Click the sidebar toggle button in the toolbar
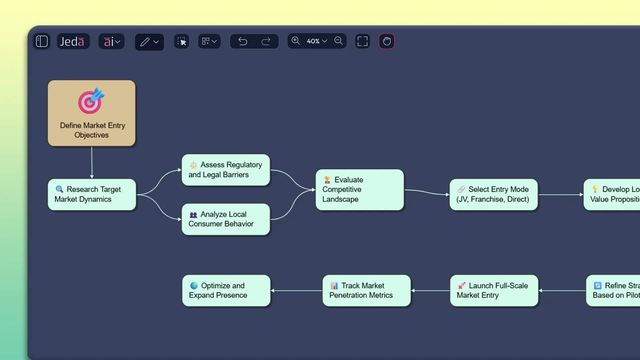(x=42, y=41)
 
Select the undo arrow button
(x=243, y=41)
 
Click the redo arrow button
(x=266, y=41)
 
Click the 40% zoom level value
(x=313, y=41)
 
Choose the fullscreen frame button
(x=362, y=41)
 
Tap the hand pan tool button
(x=387, y=41)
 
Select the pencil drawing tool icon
(x=145, y=42)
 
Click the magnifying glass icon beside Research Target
(x=59, y=189)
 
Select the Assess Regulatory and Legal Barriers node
(x=226, y=170)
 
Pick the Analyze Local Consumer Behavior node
(x=226, y=219)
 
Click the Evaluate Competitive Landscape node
(x=359, y=190)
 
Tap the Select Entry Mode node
(x=493, y=194)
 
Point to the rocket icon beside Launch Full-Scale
(x=462, y=286)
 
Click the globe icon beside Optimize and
(x=194, y=286)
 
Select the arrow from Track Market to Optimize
(x=297, y=291)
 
